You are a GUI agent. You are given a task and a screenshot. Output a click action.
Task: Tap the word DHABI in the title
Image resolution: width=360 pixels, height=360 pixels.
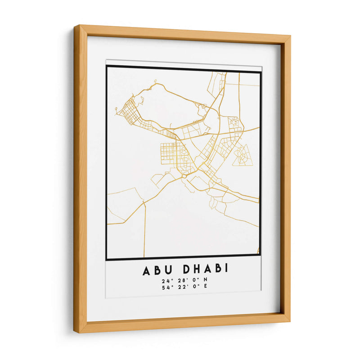point(206,270)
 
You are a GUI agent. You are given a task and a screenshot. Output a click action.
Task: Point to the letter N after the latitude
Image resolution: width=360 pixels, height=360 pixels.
point(206,281)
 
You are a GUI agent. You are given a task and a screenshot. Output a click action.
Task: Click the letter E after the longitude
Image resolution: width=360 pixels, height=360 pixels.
point(206,288)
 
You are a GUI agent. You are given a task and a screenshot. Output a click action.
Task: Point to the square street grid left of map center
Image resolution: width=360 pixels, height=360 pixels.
point(169,153)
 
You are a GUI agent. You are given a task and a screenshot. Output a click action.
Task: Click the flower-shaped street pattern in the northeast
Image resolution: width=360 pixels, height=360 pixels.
point(234,124)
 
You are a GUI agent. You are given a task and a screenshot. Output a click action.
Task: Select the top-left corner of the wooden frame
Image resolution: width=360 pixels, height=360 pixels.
point(75,27)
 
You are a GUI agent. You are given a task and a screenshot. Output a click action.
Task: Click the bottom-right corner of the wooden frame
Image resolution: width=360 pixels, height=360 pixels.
point(289,322)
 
